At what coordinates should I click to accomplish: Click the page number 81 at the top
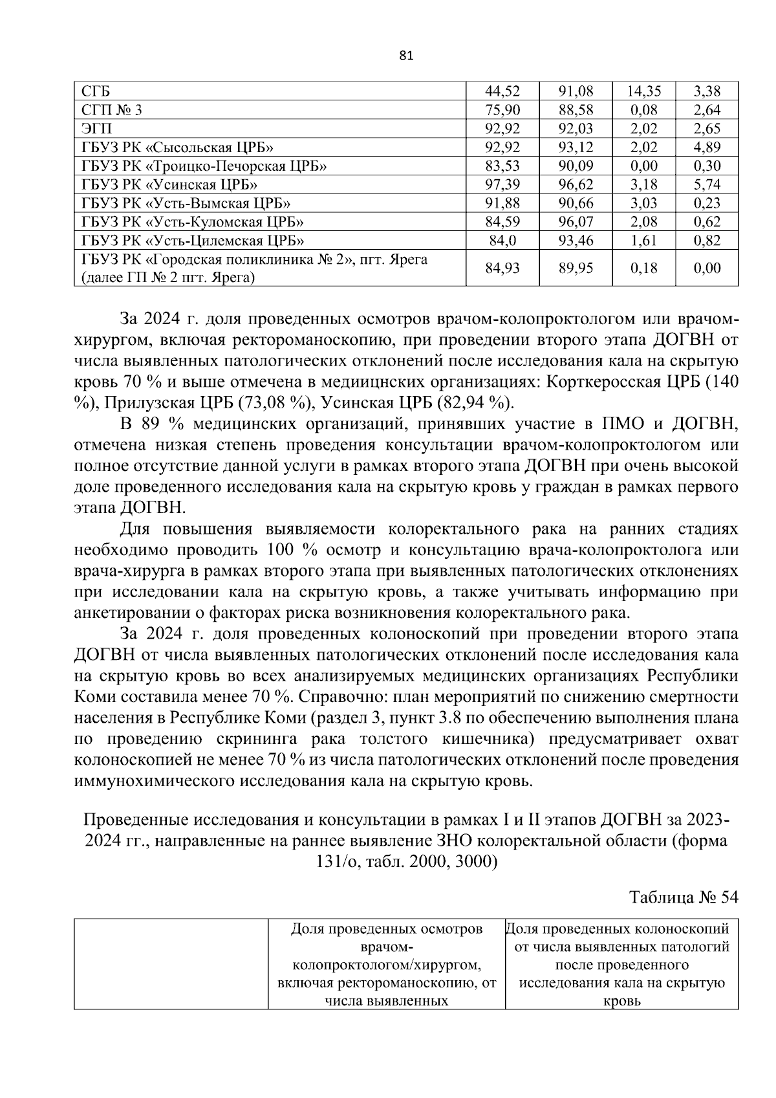[x=406, y=55]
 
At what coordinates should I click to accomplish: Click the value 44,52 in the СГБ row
[x=502, y=91]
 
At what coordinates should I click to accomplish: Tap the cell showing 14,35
[x=643, y=91]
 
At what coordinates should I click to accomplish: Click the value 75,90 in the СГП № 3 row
[x=502, y=110]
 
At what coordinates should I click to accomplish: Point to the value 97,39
[x=502, y=185]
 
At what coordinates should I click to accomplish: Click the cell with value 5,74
[x=707, y=185]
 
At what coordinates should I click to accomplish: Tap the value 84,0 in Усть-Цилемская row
[x=502, y=241]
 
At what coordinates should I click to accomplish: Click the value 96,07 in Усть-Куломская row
[x=576, y=223]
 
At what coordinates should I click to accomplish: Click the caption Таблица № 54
[x=684, y=898]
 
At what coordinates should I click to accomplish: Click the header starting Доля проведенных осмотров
[x=387, y=929]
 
